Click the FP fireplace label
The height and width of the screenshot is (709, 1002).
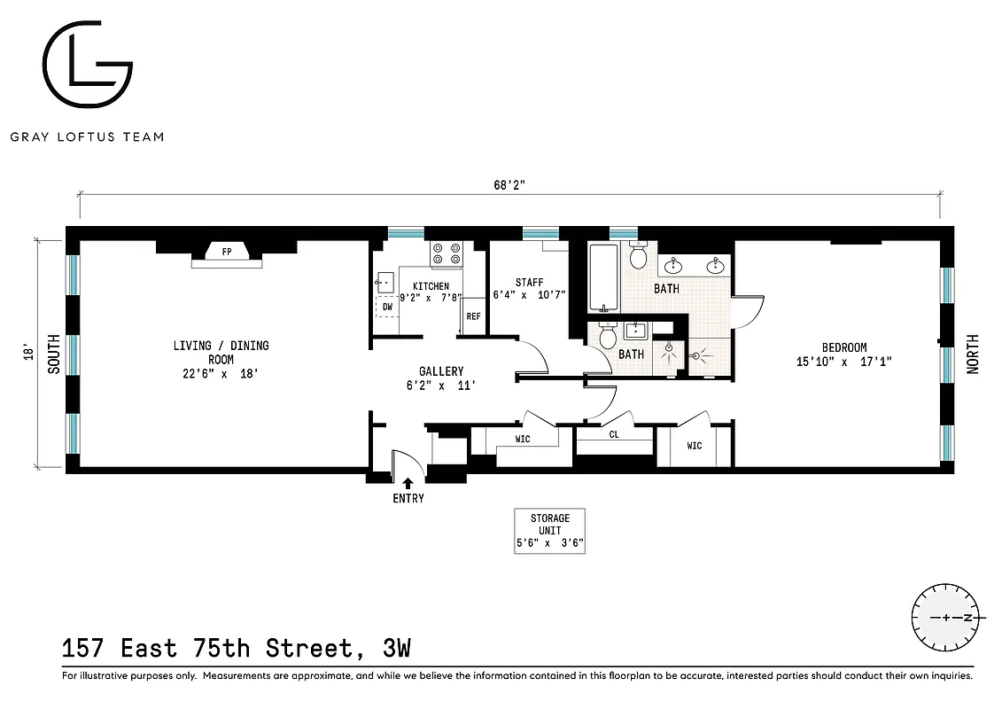point(227,253)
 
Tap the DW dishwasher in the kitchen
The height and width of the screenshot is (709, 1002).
point(386,307)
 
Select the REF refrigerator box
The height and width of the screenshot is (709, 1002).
point(474,316)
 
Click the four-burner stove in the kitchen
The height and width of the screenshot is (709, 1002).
point(446,255)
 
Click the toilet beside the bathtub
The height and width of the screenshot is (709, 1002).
point(637,256)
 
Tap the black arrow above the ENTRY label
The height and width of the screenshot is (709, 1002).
point(408,483)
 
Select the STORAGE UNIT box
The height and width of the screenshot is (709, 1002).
point(550,531)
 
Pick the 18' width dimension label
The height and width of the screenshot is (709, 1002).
point(28,353)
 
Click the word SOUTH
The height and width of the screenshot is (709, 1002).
point(53,354)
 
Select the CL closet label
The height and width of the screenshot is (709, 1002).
point(614,435)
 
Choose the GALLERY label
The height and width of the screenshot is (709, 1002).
point(441,371)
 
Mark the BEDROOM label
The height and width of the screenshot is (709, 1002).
point(831,348)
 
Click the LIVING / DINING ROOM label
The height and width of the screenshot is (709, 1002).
point(221,353)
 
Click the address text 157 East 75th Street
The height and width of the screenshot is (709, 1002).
point(209,649)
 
